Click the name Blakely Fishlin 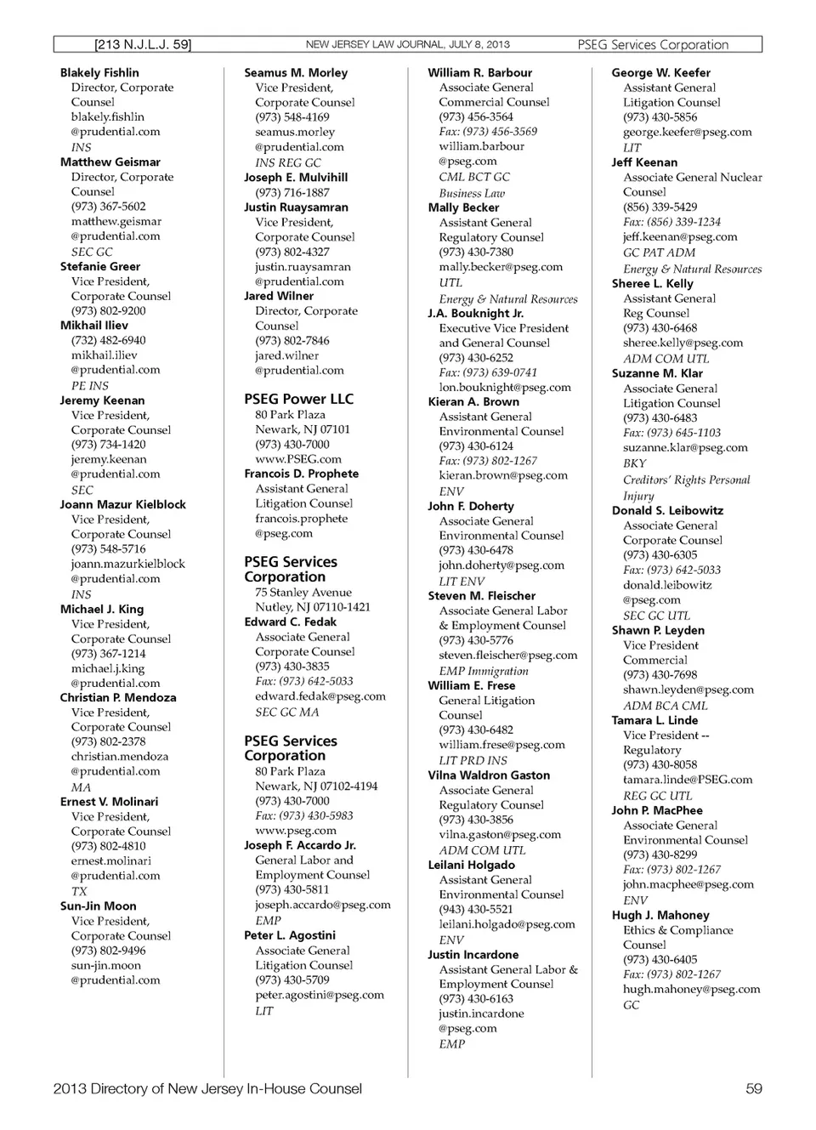pyautogui.click(x=99, y=73)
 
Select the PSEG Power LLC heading pyautogui.click(x=298, y=399)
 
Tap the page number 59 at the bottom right pyautogui.click(x=753, y=1088)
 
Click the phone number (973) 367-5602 pyautogui.click(x=108, y=207)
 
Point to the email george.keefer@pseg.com pyautogui.click(x=687, y=132)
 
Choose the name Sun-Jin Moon pyautogui.click(x=98, y=906)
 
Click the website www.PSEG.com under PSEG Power pyautogui.click(x=297, y=459)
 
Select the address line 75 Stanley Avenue pyautogui.click(x=303, y=593)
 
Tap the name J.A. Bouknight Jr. pyautogui.click(x=475, y=313)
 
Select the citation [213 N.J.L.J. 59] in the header pyautogui.click(x=143, y=44)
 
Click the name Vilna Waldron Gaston pyautogui.click(x=489, y=775)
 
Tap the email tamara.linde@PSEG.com pyautogui.click(x=687, y=780)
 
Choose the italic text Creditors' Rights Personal pyautogui.click(x=686, y=480)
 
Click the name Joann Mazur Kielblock pyautogui.click(x=122, y=504)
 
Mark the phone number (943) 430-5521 pyautogui.click(x=476, y=909)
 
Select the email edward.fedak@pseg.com pyautogui.click(x=320, y=696)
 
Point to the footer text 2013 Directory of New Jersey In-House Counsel pyautogui.click(x=207, y=1088)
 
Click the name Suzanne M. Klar pyautogui.click(x=657, y=373)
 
